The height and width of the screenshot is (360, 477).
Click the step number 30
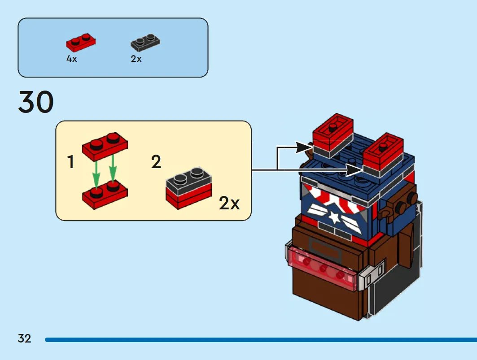pyautogui.click(x=36, y=102)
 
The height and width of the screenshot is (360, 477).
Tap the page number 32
pyautogui.click(x=24, y=338)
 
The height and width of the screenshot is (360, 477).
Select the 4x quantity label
pyautogui.click(x=71, y=59)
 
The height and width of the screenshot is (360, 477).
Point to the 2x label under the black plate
pyautogui.click(x=136, y=59)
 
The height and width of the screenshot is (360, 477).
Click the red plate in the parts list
pyautogui.click(x=81, y=43)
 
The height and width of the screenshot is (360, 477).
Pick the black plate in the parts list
pyautogui.click(x=145, y=43)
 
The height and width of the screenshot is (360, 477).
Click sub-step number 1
pyautogui.click(x=70, y=162)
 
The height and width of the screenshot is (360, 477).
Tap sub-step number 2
pyautogui.click(x=156, y=162)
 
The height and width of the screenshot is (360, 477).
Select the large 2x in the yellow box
pyautogui.click(x=229, y=203)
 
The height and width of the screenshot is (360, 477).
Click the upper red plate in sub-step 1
pyautogui.click(x=105, y=146)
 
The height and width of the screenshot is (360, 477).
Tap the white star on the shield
pyautogui.click(x=334, y=217)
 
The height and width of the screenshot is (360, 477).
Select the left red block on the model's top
pyautogui.click(x=333, y=135)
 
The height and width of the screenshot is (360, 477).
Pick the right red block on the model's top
pyautogui.click(x=383, y=155)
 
